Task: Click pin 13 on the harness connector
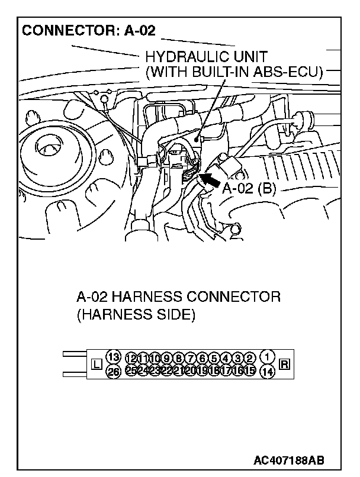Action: tap(114, 356)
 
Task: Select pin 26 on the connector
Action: tap(114, 372)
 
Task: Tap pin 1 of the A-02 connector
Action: tap(268, 356)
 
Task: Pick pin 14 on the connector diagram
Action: tap(268, 372)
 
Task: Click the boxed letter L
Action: tap(97, 365)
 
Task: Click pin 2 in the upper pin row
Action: tap(249, 358)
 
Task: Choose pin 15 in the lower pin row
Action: tap(249, 370)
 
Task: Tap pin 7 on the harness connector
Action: tap(190, 358)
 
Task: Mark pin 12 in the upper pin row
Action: tap(131, 358)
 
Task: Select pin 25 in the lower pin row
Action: tap(131, 370)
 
